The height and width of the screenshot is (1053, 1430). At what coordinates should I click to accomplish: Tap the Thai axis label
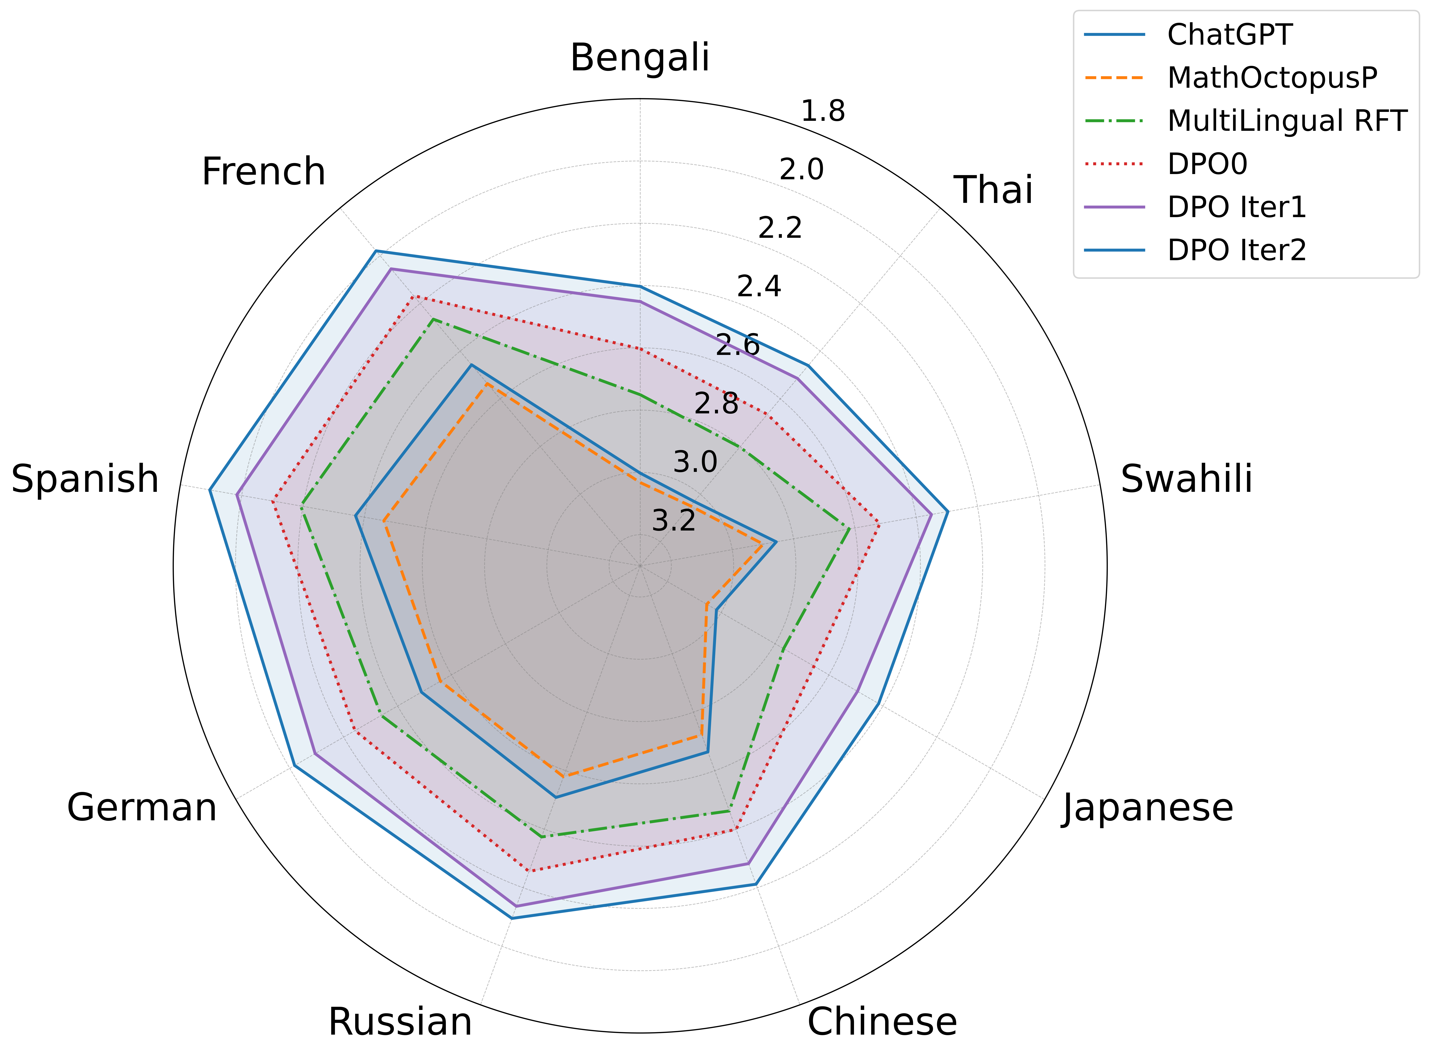pos(993,190)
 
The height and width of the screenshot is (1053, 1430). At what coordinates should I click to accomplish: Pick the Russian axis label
pos(400,1022)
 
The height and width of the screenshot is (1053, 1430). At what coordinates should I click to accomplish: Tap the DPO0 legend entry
pos(1207,164)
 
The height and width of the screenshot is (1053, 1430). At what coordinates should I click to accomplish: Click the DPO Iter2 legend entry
pos(1236,250)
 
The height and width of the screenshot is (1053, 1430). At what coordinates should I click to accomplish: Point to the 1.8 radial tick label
pos(823,111)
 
